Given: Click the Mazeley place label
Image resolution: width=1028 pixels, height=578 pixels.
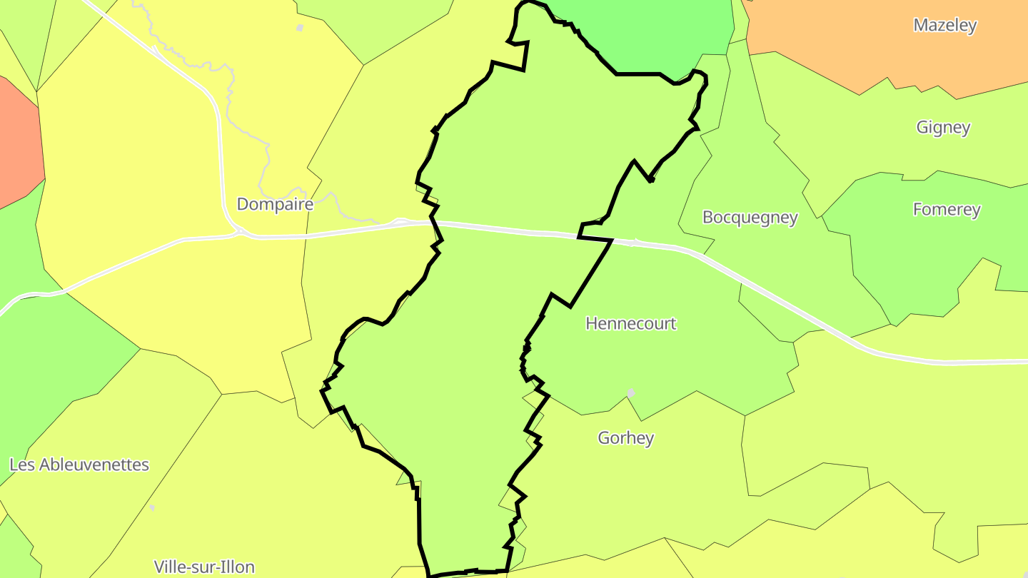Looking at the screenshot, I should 944,26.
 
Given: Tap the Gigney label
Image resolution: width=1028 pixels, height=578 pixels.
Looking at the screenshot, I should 943,128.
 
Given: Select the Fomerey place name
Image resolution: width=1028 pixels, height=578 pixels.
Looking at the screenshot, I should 947,210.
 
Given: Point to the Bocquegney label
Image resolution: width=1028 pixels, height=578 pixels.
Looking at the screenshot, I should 750,218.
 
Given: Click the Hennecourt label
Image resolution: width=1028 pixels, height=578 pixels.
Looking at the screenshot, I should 630,324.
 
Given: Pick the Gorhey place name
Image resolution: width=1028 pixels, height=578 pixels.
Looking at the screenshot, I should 625,438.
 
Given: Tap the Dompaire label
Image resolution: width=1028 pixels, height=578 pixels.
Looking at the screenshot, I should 275,205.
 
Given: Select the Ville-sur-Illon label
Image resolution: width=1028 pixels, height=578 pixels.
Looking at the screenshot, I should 204,567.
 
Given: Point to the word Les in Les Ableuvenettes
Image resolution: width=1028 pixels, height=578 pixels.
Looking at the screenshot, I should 21,465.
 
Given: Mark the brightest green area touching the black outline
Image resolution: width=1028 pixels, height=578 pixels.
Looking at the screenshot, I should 642,36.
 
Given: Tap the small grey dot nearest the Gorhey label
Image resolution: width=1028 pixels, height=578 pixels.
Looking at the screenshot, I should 630,392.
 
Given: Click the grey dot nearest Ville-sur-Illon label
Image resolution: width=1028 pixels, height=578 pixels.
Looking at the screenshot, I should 152,508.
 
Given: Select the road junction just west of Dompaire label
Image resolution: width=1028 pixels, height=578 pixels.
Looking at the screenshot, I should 238,231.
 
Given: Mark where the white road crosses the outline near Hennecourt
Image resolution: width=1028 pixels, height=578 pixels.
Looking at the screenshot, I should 611,241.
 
